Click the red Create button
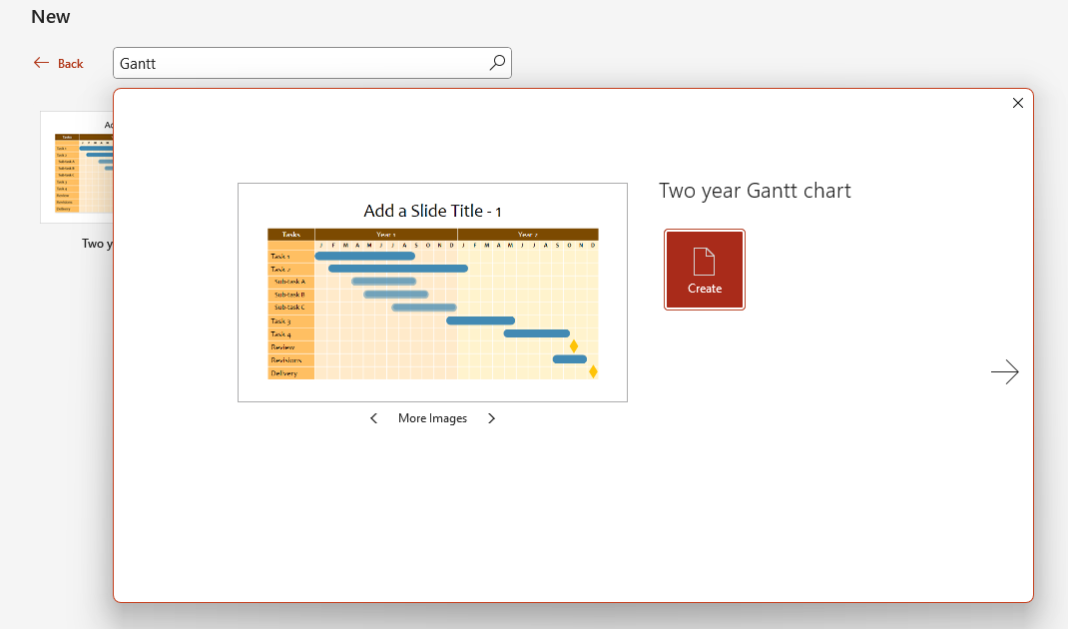click(705, 270)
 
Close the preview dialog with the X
click(1018, 103)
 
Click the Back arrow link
click(58, 63)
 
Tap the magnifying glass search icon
click(497, 63)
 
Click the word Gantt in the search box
click(138, 64)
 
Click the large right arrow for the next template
click(1004, 372)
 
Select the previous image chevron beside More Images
click(374, 418)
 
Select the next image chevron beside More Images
click(491, 418)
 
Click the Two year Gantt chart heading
click(755, 191)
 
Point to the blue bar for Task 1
click(364, 257)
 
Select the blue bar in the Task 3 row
click(480, 320)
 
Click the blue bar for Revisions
click(569, 359)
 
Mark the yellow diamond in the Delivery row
click(593, 371)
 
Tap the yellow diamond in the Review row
click(574, 346)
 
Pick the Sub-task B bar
click(395, 295)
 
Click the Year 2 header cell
click(528, 235)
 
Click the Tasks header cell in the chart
click(290, 235)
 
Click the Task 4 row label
click(280, 333)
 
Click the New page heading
click(51, 17)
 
